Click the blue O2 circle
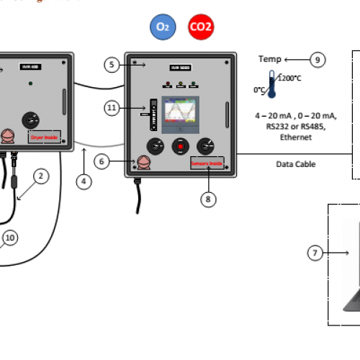163,27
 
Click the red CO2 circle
201,27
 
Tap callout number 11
112,108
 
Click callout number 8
208,200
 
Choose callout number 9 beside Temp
318,60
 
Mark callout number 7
315,253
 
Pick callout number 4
85,181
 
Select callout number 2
41,175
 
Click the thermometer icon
271,85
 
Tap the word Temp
269,60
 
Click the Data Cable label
296,164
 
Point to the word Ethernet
295,137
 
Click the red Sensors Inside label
207,163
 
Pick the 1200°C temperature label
289,78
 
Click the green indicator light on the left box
30,84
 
